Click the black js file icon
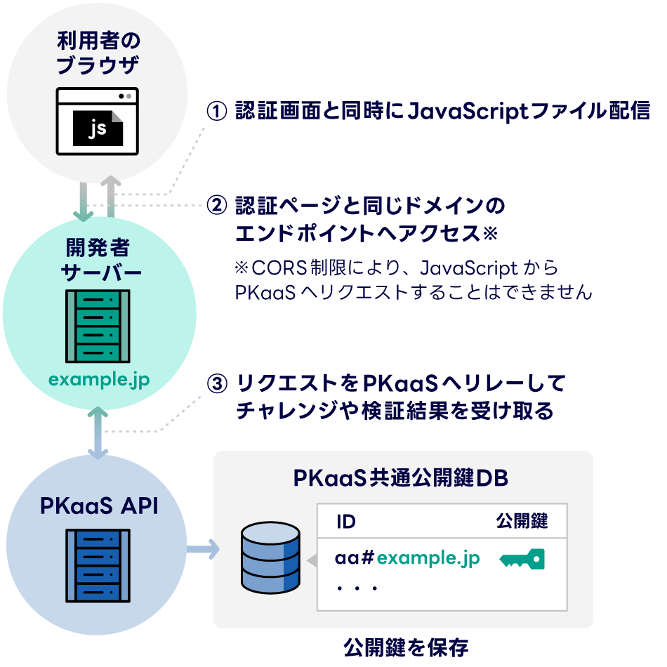(99, 128)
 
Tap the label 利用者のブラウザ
(98, 55)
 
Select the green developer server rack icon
(98, 325)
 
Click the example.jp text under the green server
(99, 380)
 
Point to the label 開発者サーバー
(98, 260)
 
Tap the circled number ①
(217, 112)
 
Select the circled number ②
(217, 206)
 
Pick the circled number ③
(218, 385)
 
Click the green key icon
(522, 559)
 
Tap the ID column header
(345, 521)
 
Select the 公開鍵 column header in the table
(522, 521)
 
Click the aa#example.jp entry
(407, 558)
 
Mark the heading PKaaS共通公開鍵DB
(401, 478)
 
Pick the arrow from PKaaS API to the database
(203, 550)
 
